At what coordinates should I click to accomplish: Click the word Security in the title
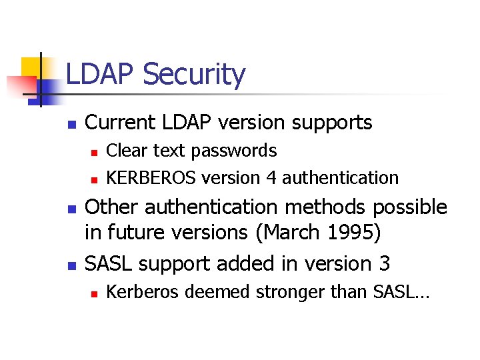(194, 75)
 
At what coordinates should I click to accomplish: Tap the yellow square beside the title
(33, 69)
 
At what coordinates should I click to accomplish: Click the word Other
(113, 207)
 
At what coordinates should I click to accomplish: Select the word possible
(409, 207)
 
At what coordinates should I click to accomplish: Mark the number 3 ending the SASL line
(384, 263)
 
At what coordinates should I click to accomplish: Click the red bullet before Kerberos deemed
(95, 293)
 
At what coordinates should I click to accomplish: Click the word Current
(119, 123)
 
